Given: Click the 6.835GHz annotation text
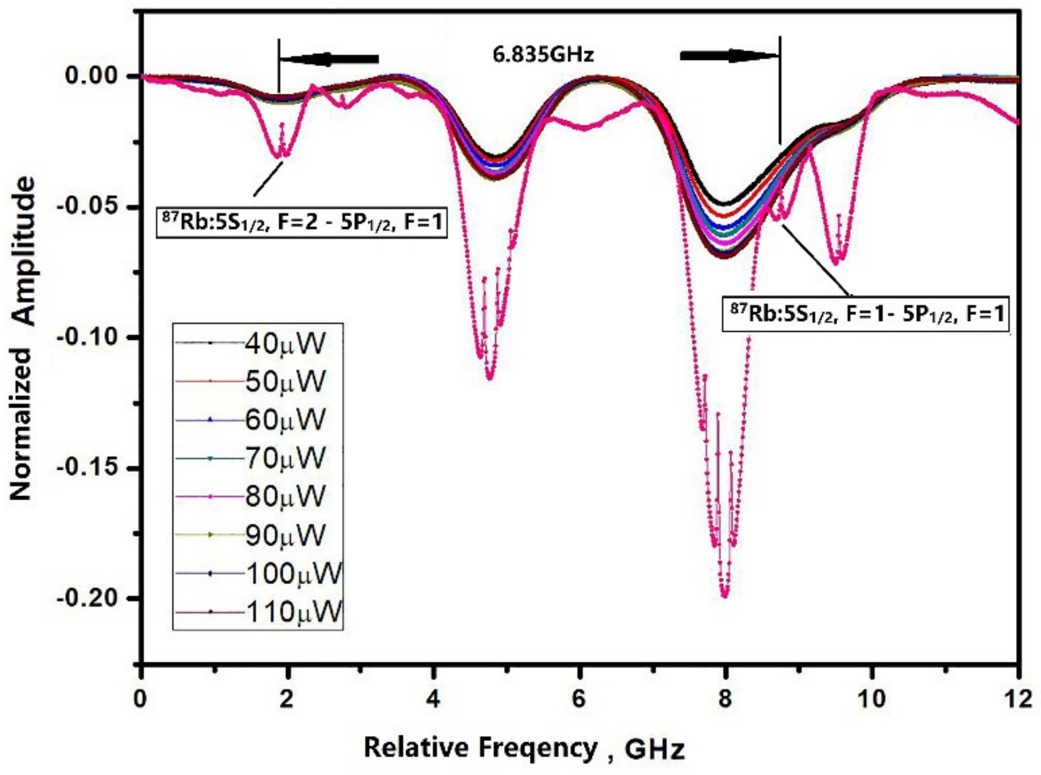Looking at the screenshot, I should point(543,54).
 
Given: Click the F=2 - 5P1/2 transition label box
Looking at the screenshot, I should point(301,222).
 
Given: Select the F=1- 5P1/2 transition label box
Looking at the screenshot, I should point(866,314).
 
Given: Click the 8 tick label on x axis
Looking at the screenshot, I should point(725,699).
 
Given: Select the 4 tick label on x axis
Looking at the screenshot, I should point(432,699).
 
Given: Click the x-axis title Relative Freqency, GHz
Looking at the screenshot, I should point(524,748).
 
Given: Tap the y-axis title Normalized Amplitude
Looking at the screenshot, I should point(23,339).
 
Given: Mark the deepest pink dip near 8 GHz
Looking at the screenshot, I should point(725,595).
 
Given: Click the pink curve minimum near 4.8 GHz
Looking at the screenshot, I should point(490,378).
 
